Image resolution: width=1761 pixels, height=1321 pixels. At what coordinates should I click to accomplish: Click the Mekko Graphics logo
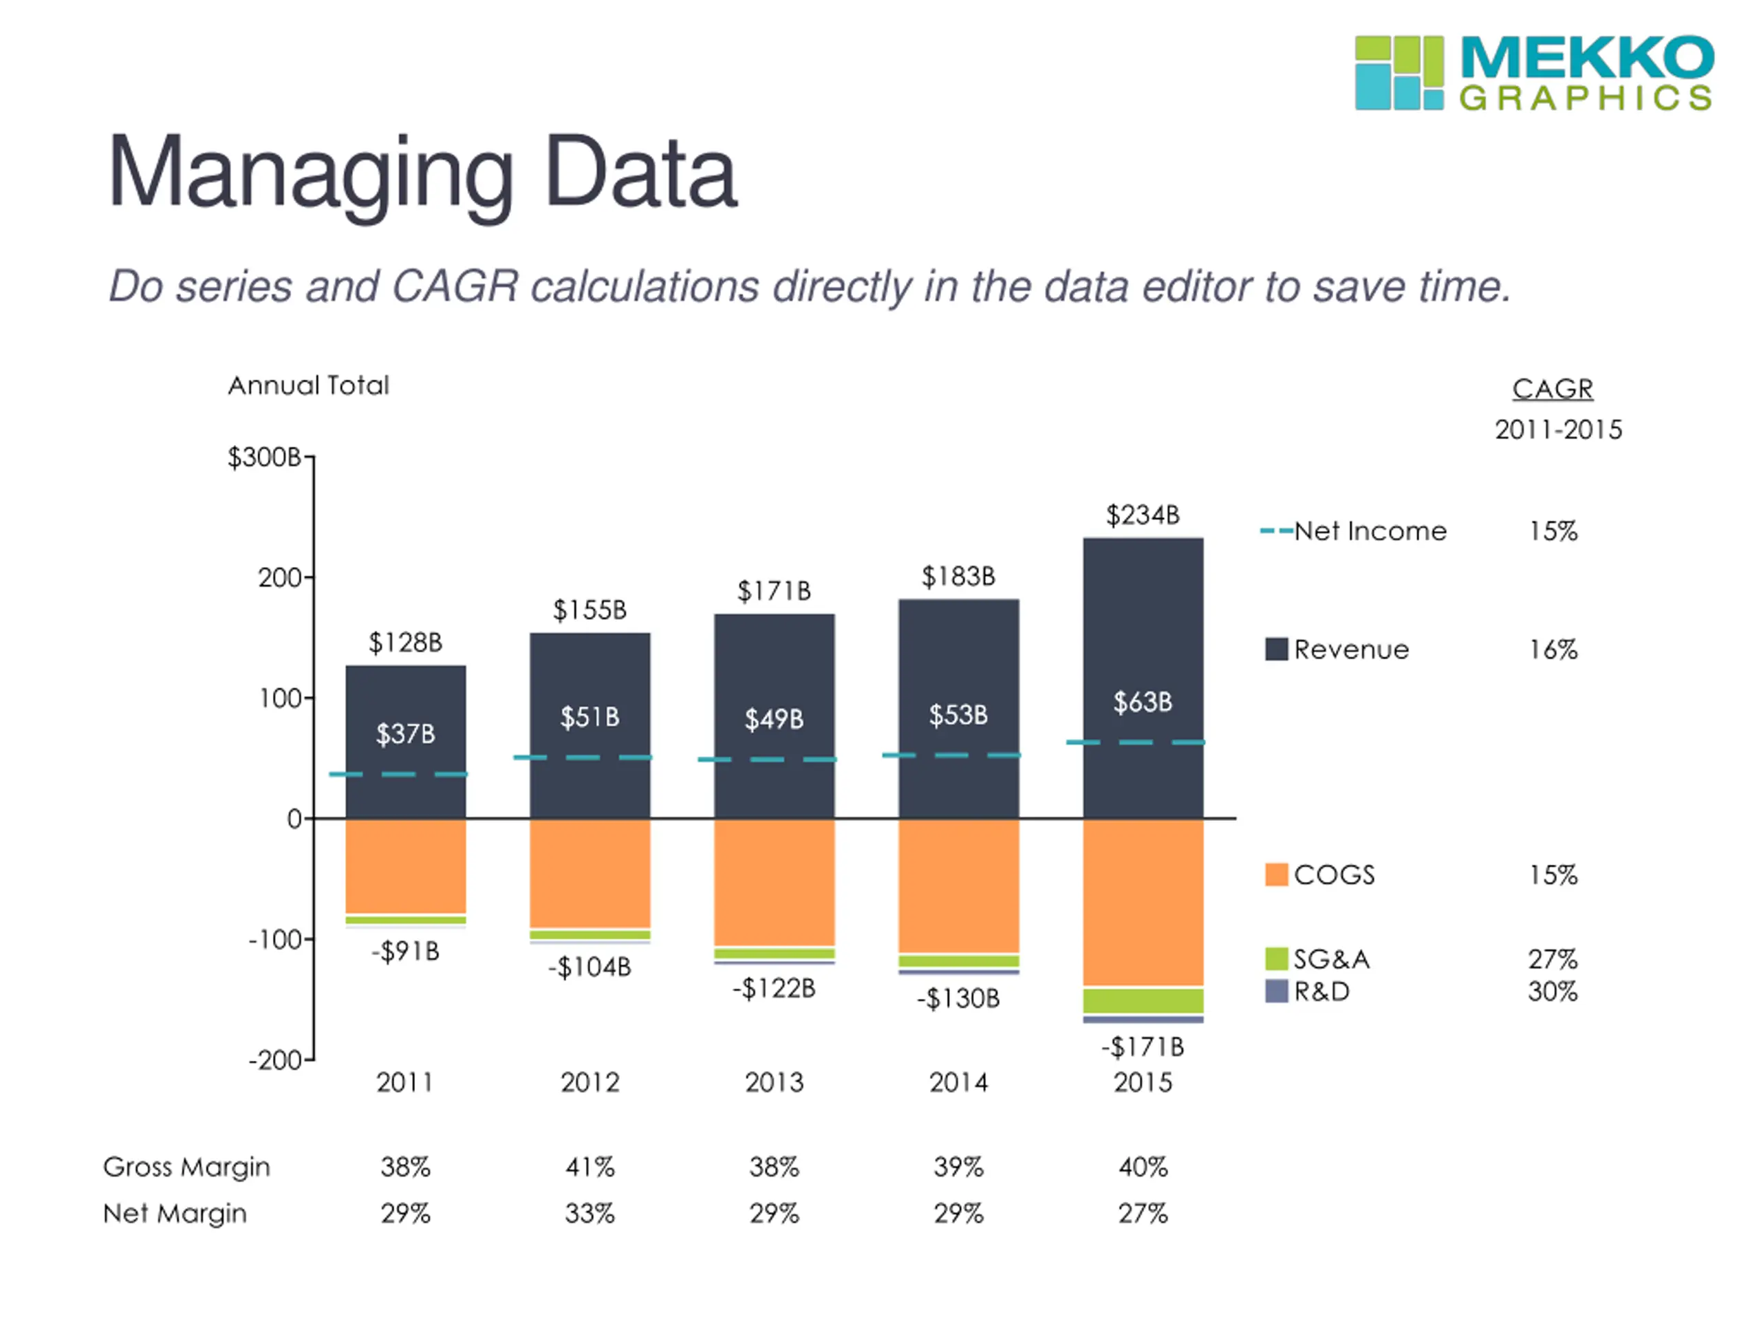[x=1533, y=72]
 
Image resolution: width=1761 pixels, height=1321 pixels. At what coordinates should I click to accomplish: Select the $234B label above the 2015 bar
[x=1143, y=515]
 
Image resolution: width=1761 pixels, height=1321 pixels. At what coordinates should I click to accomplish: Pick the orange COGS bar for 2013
[x=774, y=881]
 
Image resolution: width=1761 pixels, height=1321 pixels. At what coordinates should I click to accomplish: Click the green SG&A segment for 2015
[x=1143, y=1000]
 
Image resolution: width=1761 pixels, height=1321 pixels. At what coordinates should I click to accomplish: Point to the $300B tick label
[x=263, y=457]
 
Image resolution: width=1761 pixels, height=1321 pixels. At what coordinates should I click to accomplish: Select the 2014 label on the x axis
[x=958, y=1082]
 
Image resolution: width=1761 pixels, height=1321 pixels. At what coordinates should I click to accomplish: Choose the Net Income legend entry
[x=1370, y=531]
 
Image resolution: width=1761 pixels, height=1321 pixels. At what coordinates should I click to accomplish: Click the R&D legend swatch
[x=1276, y=991]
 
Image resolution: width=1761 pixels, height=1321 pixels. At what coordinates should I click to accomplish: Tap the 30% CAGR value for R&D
[x=1552, y=991]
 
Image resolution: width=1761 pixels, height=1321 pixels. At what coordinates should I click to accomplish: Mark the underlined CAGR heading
[x=1553, y=389]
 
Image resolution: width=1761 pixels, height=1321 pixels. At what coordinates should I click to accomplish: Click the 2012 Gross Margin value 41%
[x=590, y=1168]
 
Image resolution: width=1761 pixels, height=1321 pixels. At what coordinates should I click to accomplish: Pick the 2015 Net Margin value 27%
[x=1143, y=1214]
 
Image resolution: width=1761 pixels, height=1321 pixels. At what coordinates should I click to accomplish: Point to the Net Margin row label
[x=175, y=1214]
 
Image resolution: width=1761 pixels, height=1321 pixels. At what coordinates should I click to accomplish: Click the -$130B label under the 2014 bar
[x=958, y=998]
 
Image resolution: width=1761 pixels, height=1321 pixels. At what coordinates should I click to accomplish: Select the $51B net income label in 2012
[x=590, y=718]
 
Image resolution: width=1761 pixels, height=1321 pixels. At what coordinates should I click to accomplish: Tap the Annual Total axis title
[x=309, y=385]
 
